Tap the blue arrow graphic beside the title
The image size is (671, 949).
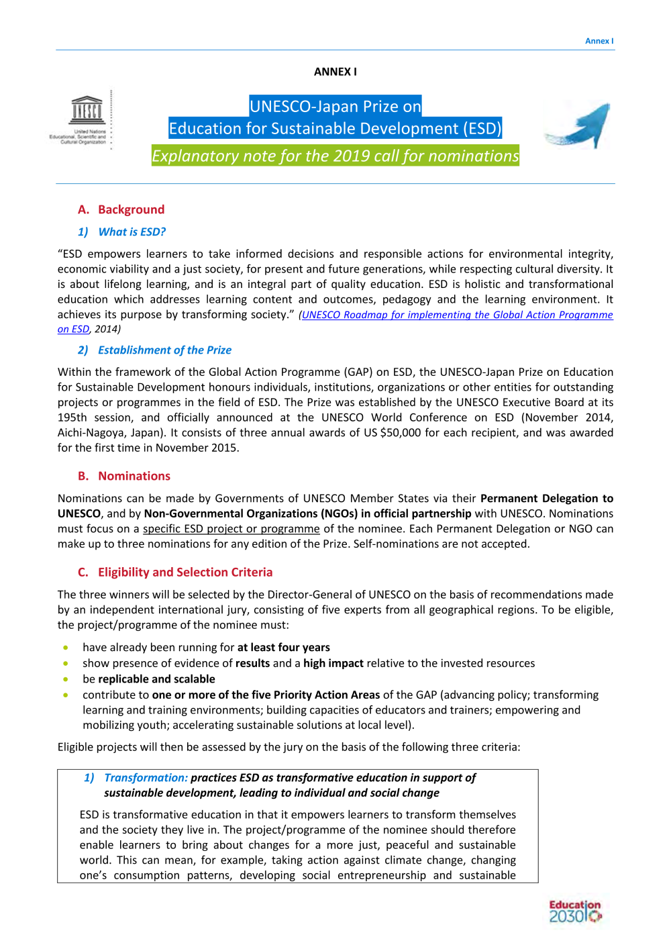pos(578,126)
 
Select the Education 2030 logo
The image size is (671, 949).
pos(575,911)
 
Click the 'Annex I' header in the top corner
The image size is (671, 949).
pos(599,41)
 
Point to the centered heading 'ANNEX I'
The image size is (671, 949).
pos(335,72)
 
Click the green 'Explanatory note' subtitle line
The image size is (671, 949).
pos(335,156)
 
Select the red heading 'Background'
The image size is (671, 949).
pos(131,209)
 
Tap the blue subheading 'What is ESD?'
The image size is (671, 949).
pos(132,232)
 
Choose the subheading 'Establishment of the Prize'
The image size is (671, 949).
pos(164,350)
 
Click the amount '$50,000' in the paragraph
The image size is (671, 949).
pos(401,433)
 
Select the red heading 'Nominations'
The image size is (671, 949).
pos(134,476)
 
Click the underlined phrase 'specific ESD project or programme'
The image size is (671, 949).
pos(231,529)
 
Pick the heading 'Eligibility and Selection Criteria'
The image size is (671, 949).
pos(185,572)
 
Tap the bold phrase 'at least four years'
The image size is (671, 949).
pos(283,647)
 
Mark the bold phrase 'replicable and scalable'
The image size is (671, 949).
pos(156,679)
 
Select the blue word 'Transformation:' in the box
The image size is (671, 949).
pos(146,778)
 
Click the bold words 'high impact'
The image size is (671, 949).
pos(333,663)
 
